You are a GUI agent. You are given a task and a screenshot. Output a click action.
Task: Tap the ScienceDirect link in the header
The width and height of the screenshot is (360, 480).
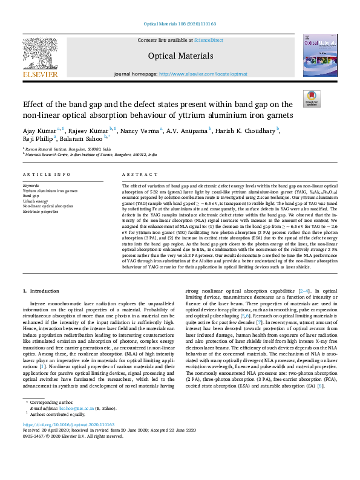(208, 40)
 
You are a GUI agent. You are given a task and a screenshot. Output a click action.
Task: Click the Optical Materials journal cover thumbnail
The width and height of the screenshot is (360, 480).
(320, 55)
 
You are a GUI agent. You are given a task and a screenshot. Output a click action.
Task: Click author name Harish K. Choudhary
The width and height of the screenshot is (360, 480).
(248, 131)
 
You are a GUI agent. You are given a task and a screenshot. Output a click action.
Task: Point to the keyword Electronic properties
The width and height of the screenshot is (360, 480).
(41, 212)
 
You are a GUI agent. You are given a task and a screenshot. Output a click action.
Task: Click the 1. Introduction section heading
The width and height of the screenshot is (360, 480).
(41, 291)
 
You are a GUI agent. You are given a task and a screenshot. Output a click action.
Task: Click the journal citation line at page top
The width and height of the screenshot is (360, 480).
(180, 24)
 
